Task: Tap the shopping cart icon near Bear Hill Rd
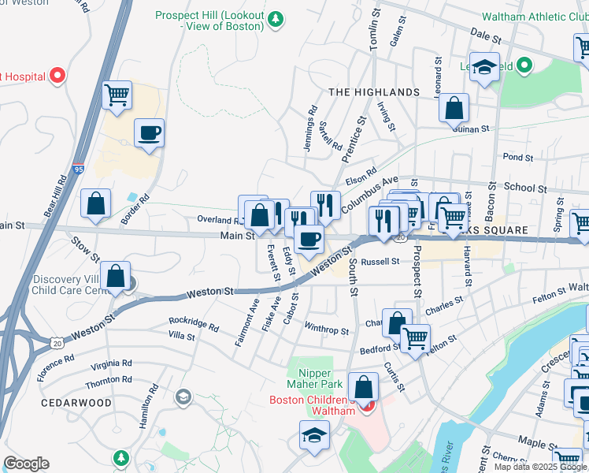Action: (117, 95)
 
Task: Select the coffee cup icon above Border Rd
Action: (149, 132)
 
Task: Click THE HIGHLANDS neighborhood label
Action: (374, 92)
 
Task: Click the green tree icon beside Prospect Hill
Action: (276, 19)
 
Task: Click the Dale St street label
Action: (486, 36)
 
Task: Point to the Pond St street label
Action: (517, 158)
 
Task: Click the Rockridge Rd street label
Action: (193, 323)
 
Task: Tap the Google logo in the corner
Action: (26, 464)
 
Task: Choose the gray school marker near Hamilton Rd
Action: (183, 396)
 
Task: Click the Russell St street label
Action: (381, 261)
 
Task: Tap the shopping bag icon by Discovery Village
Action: (116, 277)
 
